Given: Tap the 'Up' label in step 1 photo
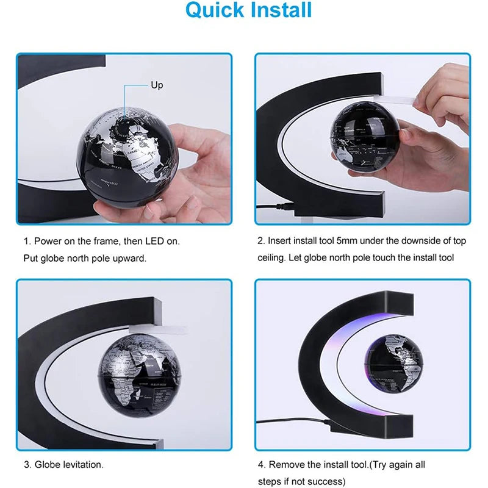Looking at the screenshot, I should (x=157, y=85).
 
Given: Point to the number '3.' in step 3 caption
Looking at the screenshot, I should (x=27, y=465).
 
